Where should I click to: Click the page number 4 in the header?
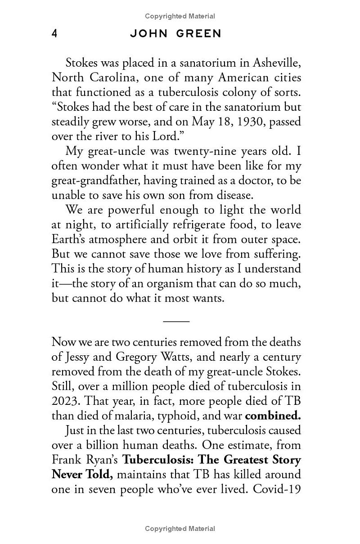coord(54,34)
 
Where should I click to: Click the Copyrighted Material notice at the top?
coord(180,16)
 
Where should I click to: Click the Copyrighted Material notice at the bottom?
coord(180,529)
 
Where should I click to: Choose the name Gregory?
coord(135,357)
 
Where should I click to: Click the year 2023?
coord(66,401)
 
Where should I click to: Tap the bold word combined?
coord(273,415)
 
